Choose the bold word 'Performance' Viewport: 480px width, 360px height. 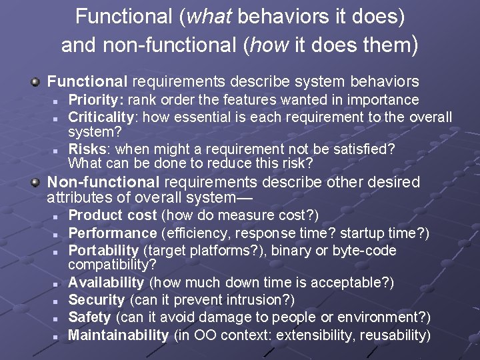point(113,233)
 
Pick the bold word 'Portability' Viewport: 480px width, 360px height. point(103,251)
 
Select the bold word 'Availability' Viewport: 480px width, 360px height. point(106,283)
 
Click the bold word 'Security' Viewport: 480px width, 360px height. point(97,300)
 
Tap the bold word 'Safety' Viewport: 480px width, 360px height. point(90,317)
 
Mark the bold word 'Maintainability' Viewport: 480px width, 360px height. point(119,335)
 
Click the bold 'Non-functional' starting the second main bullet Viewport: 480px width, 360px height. point(103,182)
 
